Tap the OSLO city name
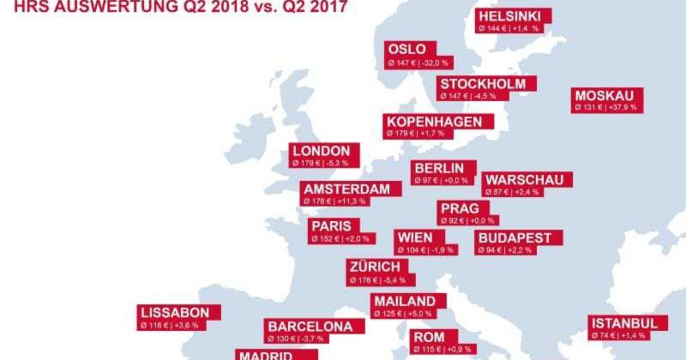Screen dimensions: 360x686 (x=407, y=49)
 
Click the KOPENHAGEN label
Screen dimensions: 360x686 (x=434, y=121)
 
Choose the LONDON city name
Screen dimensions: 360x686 (x=321, y=151)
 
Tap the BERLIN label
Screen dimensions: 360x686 (x=439, y=168)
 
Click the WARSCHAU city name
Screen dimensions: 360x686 (x=524, y=180)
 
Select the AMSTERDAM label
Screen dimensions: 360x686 (x=346, y=189)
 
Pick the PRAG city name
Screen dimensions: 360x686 (x=460, y=208)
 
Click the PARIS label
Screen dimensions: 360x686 (x=332, y=226)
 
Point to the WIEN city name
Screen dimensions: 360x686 (x=415, y=238)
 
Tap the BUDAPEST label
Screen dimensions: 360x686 (x=515, y=238)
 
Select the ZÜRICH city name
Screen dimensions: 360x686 (x=376, y=267)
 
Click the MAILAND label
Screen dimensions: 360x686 (x=405, y=301)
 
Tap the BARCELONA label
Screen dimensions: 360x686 (x=310, y=326)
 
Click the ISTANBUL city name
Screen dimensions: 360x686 (x=625, y=323)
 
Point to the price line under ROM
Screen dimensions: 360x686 (x=437, y=349)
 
